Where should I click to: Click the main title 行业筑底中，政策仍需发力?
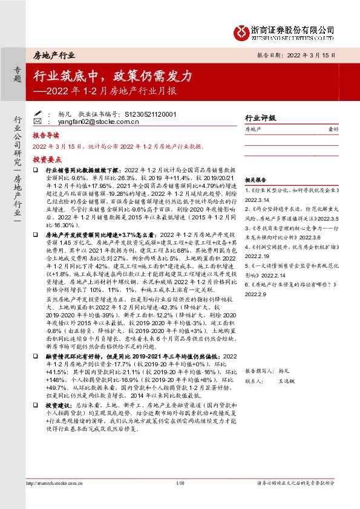coord(113,76)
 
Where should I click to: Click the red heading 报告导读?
coord(45,137)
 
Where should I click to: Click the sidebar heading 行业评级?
coord(260,118)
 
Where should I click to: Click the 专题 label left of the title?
coord(17,76)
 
